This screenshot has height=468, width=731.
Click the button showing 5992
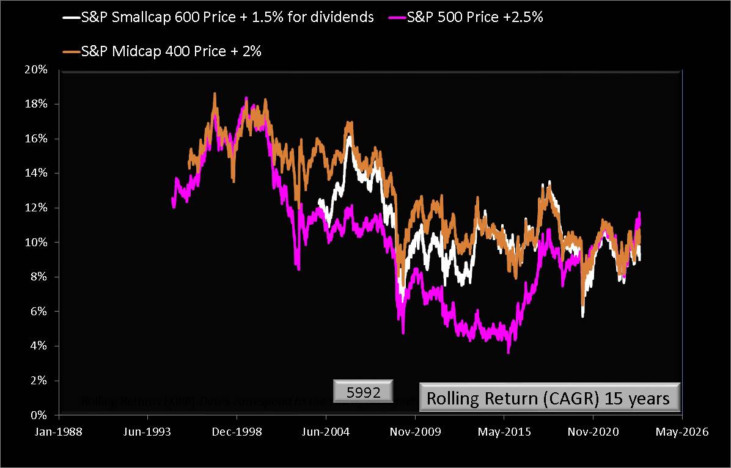click(364, 392)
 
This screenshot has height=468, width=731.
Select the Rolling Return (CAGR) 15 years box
click(548, 398)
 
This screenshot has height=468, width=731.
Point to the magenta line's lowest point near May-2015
click(508, 352)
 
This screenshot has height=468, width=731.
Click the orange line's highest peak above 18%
click(215, 93)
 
